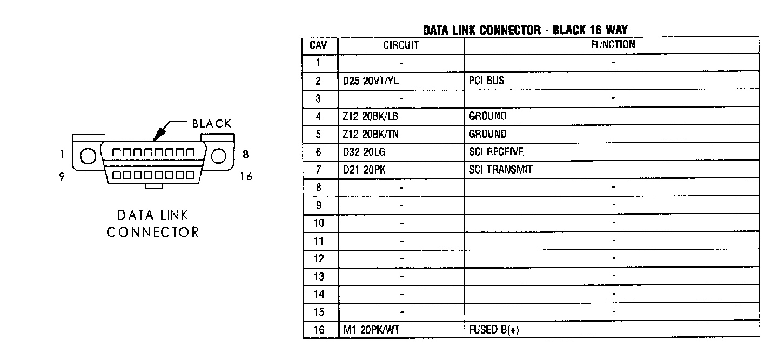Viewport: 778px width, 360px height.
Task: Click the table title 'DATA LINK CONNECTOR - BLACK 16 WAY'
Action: (525, 30)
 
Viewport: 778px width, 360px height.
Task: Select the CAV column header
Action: (319, 45)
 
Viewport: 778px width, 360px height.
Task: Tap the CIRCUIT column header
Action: (401, 45)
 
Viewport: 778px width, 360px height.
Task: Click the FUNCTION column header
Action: (613, 45)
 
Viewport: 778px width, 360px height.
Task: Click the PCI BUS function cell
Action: (487, 81)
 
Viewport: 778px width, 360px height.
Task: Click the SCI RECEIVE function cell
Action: (496, 152)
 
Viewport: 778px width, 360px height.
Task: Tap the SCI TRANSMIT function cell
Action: (501, 170)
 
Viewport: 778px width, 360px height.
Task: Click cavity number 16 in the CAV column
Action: (319, 330)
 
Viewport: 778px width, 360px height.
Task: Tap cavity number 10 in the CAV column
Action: (319, 223)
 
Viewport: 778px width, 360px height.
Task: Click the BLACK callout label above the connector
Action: (212, 124)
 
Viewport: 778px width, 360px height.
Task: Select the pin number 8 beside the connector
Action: (245, 155)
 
